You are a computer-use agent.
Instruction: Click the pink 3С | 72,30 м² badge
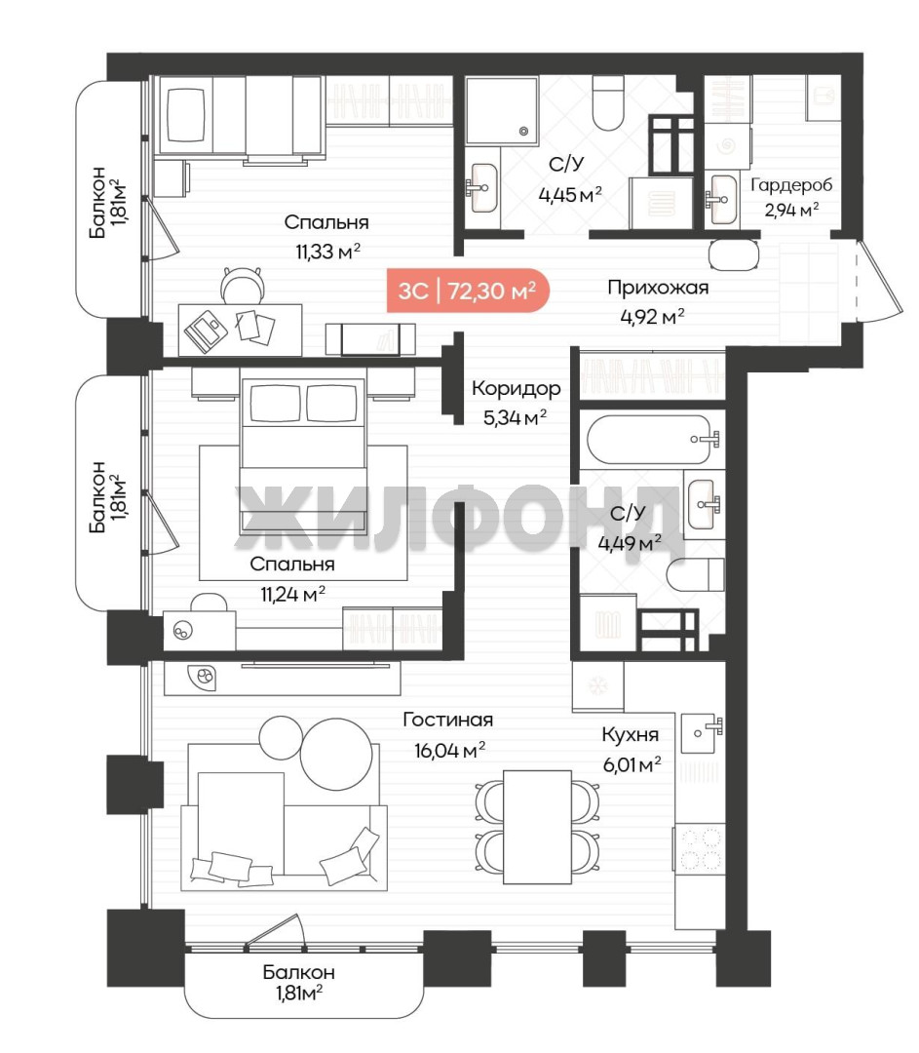468,291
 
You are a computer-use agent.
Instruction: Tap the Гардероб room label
790,184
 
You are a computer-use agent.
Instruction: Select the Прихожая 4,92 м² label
657,301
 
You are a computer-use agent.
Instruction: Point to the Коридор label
516,388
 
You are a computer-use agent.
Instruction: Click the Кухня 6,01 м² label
631,749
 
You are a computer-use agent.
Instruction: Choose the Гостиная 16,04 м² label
448,735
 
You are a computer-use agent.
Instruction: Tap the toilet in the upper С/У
609,102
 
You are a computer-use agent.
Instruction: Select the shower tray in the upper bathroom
502,111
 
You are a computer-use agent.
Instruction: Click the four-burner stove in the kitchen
700,849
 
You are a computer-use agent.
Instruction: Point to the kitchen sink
702,732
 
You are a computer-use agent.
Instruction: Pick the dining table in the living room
537,827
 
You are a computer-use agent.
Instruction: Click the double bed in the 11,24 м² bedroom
303,453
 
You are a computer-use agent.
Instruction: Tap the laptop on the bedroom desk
206,331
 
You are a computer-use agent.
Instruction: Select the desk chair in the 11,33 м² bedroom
242,285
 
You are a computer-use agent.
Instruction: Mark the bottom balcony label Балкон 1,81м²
299,982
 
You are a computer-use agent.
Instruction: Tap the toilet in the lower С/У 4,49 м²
696,575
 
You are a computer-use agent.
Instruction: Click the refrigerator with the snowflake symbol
597,686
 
